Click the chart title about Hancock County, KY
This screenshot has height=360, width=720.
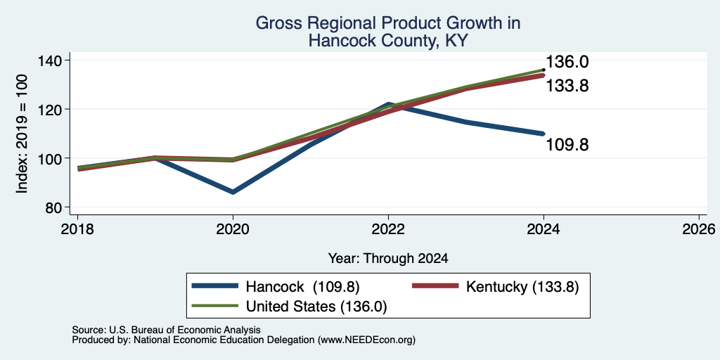(388, 31)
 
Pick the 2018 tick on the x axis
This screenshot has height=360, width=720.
(77, 229)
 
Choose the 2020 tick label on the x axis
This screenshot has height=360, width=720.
(233, 229)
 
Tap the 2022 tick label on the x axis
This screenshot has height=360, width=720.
(388, 229)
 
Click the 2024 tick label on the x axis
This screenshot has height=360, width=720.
(544, 229)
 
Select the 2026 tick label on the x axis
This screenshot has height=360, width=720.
(699, 229)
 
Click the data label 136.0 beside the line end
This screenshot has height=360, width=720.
(567, 62)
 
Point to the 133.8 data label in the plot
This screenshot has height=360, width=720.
(567, 85)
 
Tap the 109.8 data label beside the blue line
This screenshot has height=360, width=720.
(567, 145)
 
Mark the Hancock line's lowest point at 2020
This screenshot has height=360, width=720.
(233, 192)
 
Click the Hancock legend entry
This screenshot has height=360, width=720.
(275, 286)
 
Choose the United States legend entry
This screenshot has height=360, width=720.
(289, 306)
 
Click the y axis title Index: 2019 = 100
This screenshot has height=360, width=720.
(22, 134)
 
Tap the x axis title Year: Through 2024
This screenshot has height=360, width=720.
(388, 259)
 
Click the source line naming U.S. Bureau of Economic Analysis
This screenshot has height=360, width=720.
(166, 330)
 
